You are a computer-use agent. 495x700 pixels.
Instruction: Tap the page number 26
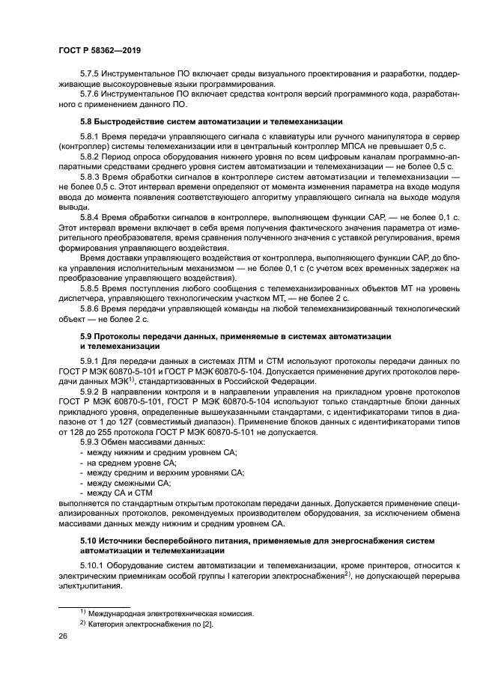[63, 636]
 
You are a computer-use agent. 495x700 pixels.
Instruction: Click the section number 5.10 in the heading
[88, 540]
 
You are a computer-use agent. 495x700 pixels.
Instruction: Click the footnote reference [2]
[206, 624]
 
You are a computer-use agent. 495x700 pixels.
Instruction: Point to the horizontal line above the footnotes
[94, 603]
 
